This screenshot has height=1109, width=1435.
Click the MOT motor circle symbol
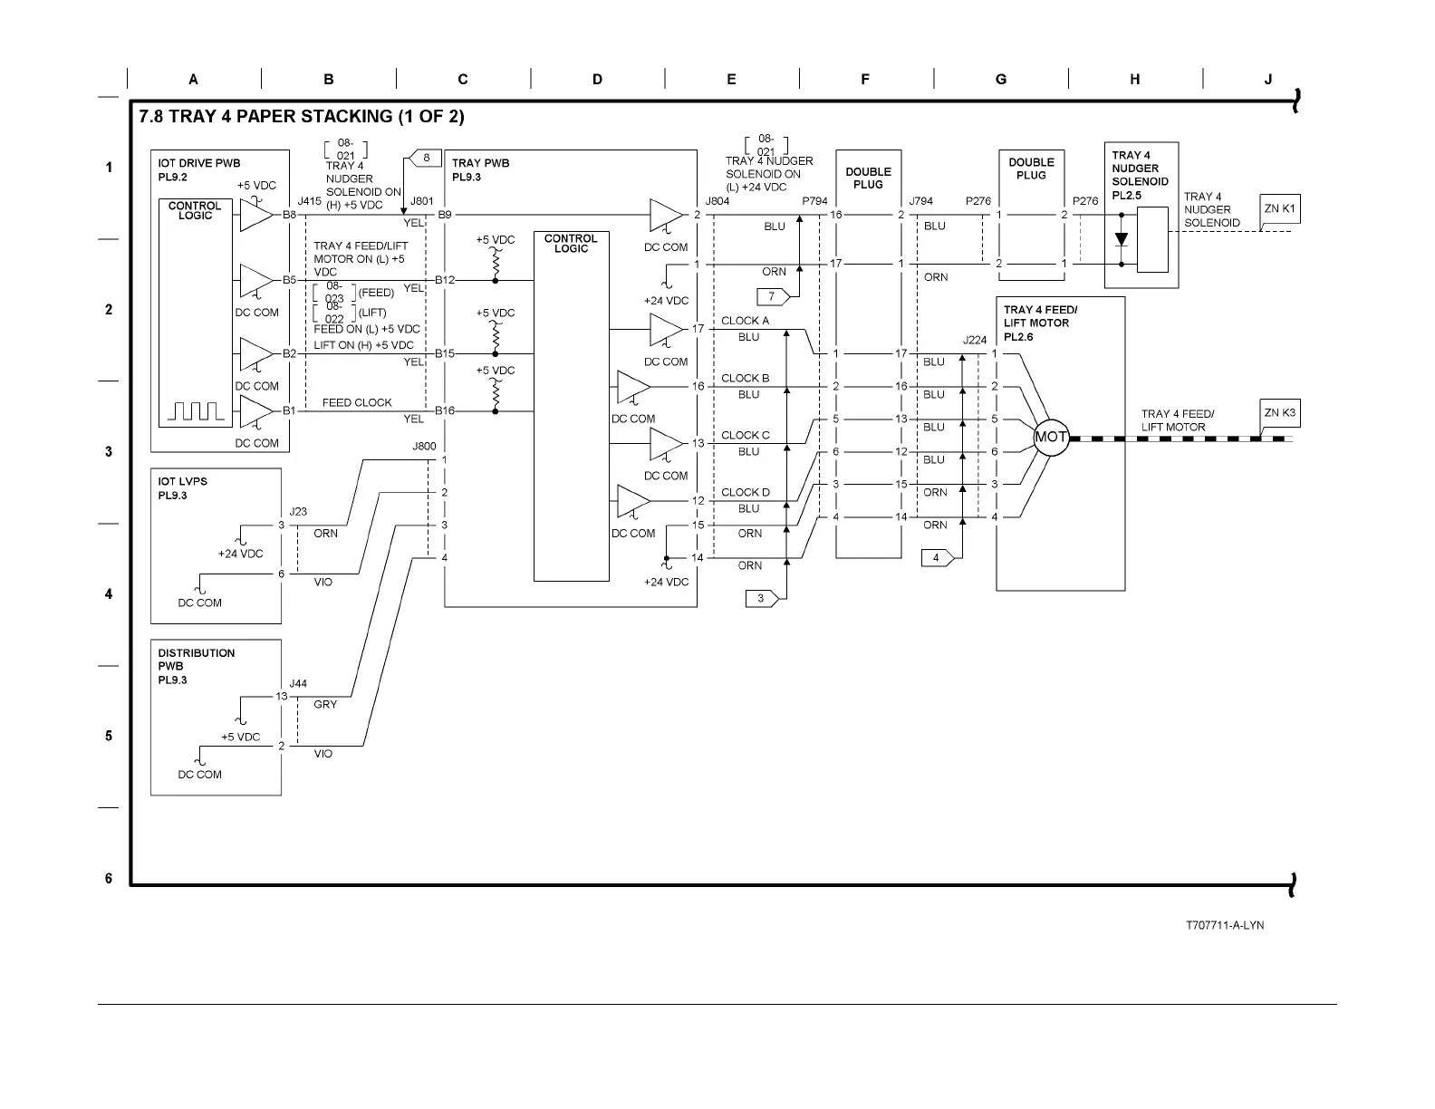point(1051,438)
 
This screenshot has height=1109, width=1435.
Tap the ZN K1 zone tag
point(1279,209)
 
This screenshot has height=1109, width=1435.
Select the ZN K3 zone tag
point(1279,413)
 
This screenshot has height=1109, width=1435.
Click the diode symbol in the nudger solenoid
point(1122,240)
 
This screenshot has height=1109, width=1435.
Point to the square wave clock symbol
point(197,412)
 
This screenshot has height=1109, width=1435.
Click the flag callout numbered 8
point(427,158)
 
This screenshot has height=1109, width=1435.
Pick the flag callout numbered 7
point(773,296)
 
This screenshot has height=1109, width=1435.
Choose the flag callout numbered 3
point(762,598)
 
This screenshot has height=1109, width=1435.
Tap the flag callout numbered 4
point(938,557)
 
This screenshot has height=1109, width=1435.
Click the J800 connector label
point(424,446)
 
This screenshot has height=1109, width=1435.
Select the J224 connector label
point(975,341)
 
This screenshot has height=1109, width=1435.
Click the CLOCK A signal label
point(745,321)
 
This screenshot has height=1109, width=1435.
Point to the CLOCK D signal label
point(745,493)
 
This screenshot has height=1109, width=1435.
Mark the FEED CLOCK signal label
point(357,402)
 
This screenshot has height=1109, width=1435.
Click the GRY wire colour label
point(325,704)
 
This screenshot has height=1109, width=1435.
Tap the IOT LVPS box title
point(182,481)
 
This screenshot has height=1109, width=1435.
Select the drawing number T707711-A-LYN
point(1225,925)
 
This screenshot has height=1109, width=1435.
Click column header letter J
point(1268,80)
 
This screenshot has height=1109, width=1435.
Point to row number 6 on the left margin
point(109,878)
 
